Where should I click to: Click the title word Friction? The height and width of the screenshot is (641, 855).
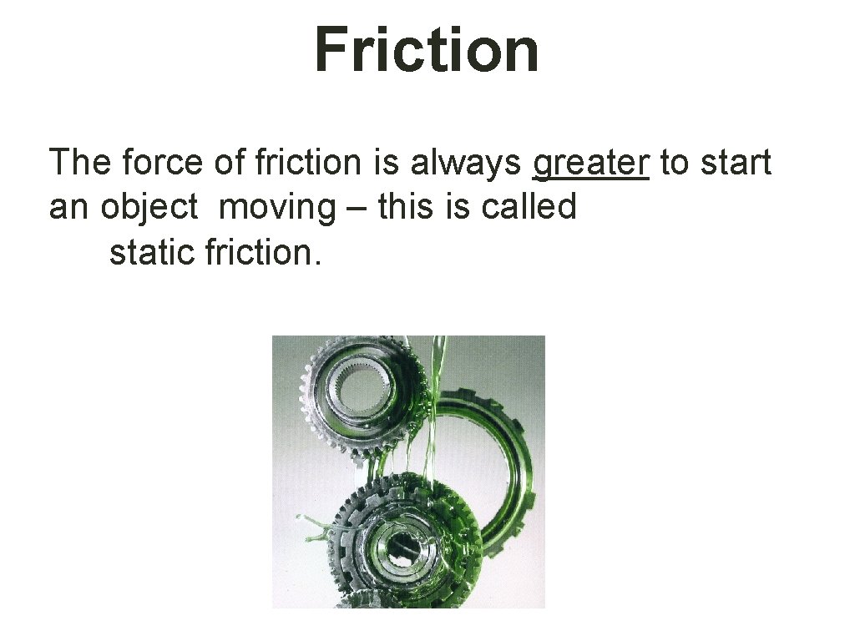point(427,48)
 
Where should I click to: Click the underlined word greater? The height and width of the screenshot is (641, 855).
point(590,164)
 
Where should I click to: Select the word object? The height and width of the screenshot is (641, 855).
point(150,207)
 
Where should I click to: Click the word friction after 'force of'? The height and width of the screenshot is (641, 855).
point(312,162)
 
